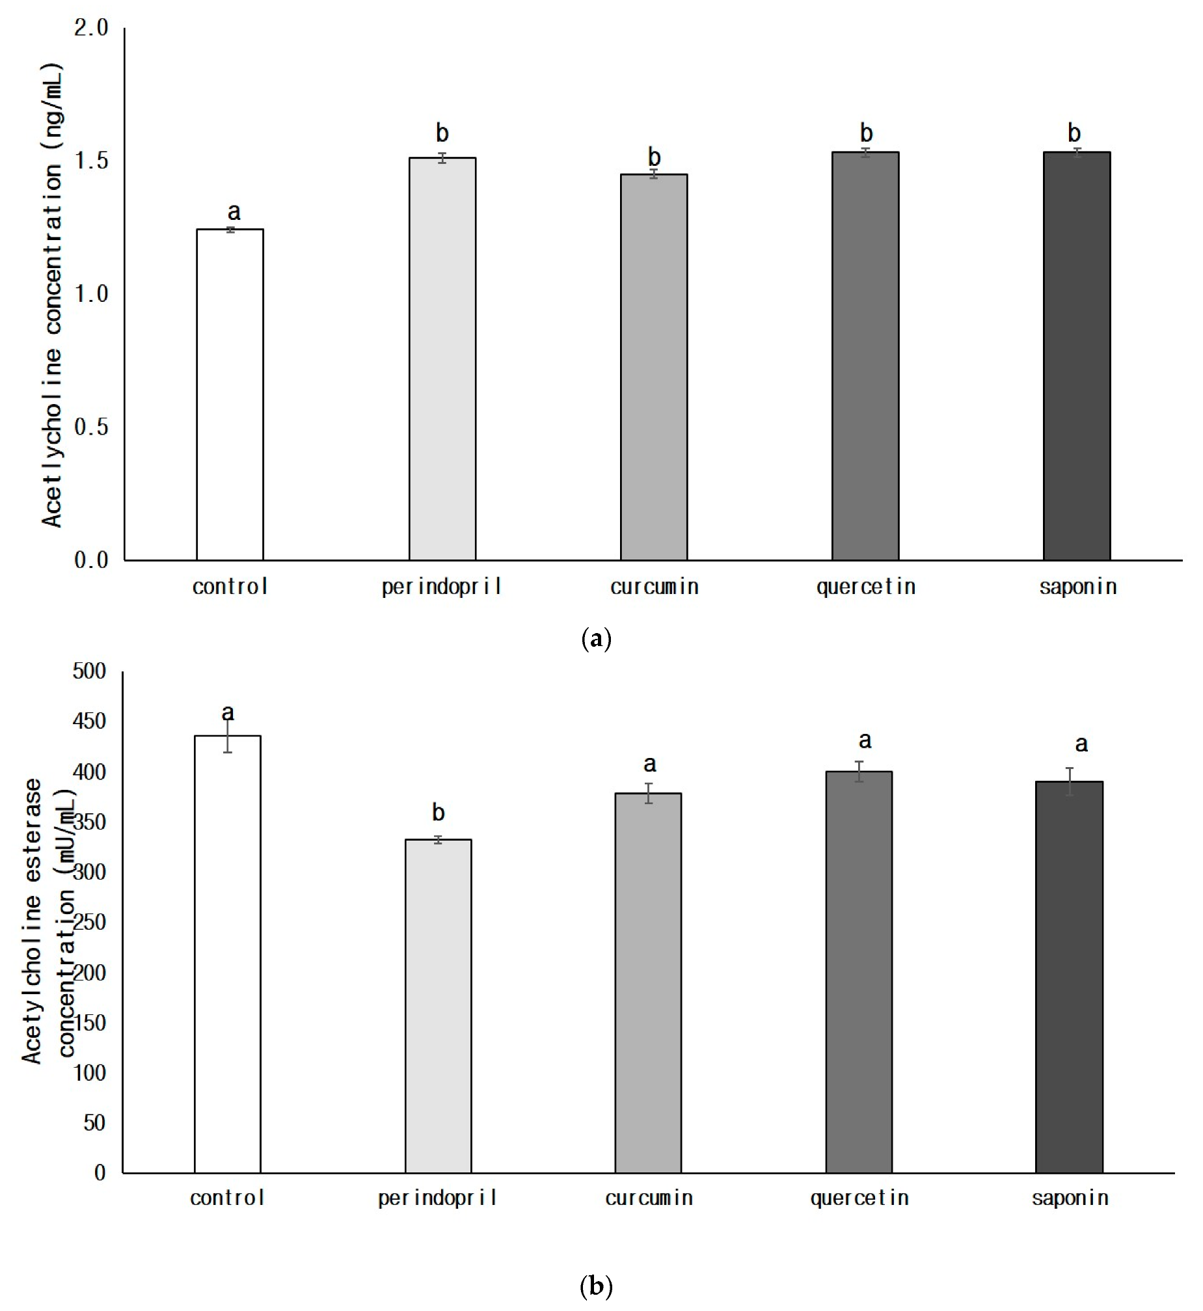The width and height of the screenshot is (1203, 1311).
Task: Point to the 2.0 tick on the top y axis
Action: pos(91,28)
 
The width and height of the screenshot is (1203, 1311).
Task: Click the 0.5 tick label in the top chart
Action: pos(91,427)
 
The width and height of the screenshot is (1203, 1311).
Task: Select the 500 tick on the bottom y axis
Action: pos(89,671)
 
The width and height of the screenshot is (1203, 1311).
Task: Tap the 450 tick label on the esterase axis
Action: pos(89,722)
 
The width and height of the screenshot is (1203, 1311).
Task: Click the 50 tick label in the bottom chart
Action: pos(94,1122)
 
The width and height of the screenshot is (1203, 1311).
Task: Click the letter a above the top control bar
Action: pos(234,211)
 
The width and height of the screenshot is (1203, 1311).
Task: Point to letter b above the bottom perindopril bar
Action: pos(438,812)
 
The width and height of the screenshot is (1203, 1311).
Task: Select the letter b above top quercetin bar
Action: pos(866,133)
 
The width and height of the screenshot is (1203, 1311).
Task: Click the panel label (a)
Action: pos(595,638)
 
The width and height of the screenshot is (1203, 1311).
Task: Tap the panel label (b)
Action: pos(595,1286)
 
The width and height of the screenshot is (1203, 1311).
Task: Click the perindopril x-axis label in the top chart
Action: pos(441,587)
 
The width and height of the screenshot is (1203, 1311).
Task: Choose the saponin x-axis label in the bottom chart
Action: pos(1070,1198)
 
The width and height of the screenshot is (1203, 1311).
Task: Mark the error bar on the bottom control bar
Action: pos(228,736)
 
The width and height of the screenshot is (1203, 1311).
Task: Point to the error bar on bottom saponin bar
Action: pos(1070,781)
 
